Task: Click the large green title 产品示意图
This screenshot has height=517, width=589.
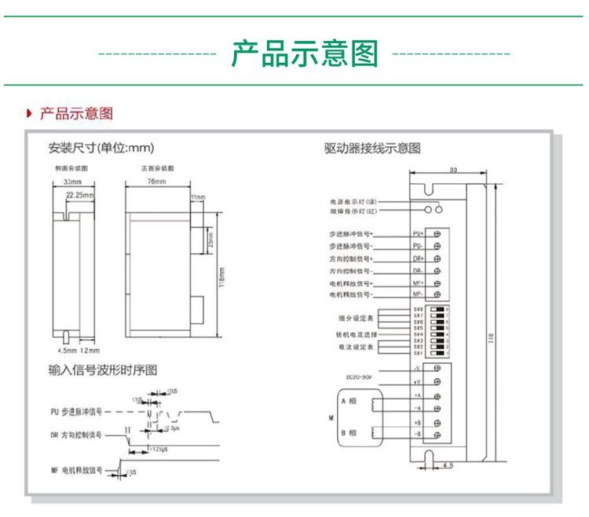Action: tap(304, 54)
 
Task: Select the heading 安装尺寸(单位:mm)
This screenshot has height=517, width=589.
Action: tap(101, 147)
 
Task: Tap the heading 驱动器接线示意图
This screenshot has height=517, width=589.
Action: tap(372, 147)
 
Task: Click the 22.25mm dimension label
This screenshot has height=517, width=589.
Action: tap(79, 193)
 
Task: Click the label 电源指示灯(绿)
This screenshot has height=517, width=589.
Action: tap(354, 202)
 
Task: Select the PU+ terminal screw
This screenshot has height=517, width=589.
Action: tap(436, 234)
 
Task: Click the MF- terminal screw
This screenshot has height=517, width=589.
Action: tap(436, 294)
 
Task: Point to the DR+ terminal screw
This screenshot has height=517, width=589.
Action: tap(436, 258)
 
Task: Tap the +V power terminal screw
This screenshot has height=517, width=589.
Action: tap(436, 381)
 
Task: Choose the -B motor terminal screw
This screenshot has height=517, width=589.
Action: tap(436, 434)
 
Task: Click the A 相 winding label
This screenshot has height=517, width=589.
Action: tap(349, 401)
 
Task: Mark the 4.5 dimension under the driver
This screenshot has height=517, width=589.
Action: tap(448, 466)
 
